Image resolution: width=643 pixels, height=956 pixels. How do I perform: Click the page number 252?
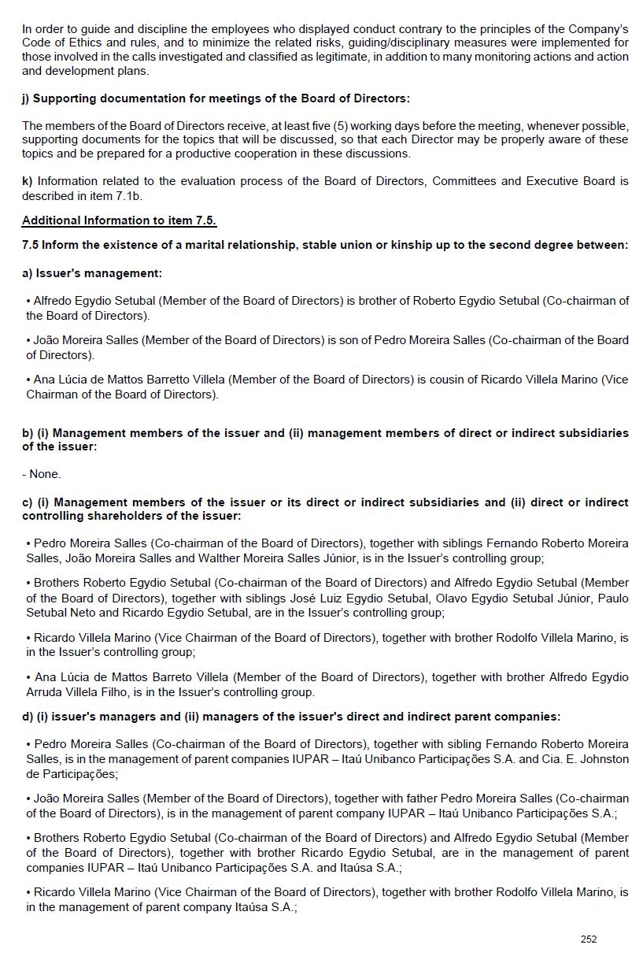point(589,939)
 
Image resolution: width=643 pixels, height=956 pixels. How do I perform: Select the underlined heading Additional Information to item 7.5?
point(119,220)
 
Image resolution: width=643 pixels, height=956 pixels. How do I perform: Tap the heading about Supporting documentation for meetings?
point(216,98)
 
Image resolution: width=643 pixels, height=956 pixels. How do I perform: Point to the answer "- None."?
point(41,474)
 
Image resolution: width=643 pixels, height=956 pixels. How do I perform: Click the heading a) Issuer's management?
point(92,273)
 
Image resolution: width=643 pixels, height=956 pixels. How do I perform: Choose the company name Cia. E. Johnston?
point(580,759)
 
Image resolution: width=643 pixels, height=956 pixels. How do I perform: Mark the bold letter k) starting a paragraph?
point(28,181)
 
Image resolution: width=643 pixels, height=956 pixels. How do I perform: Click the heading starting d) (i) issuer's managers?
point(291,717)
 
